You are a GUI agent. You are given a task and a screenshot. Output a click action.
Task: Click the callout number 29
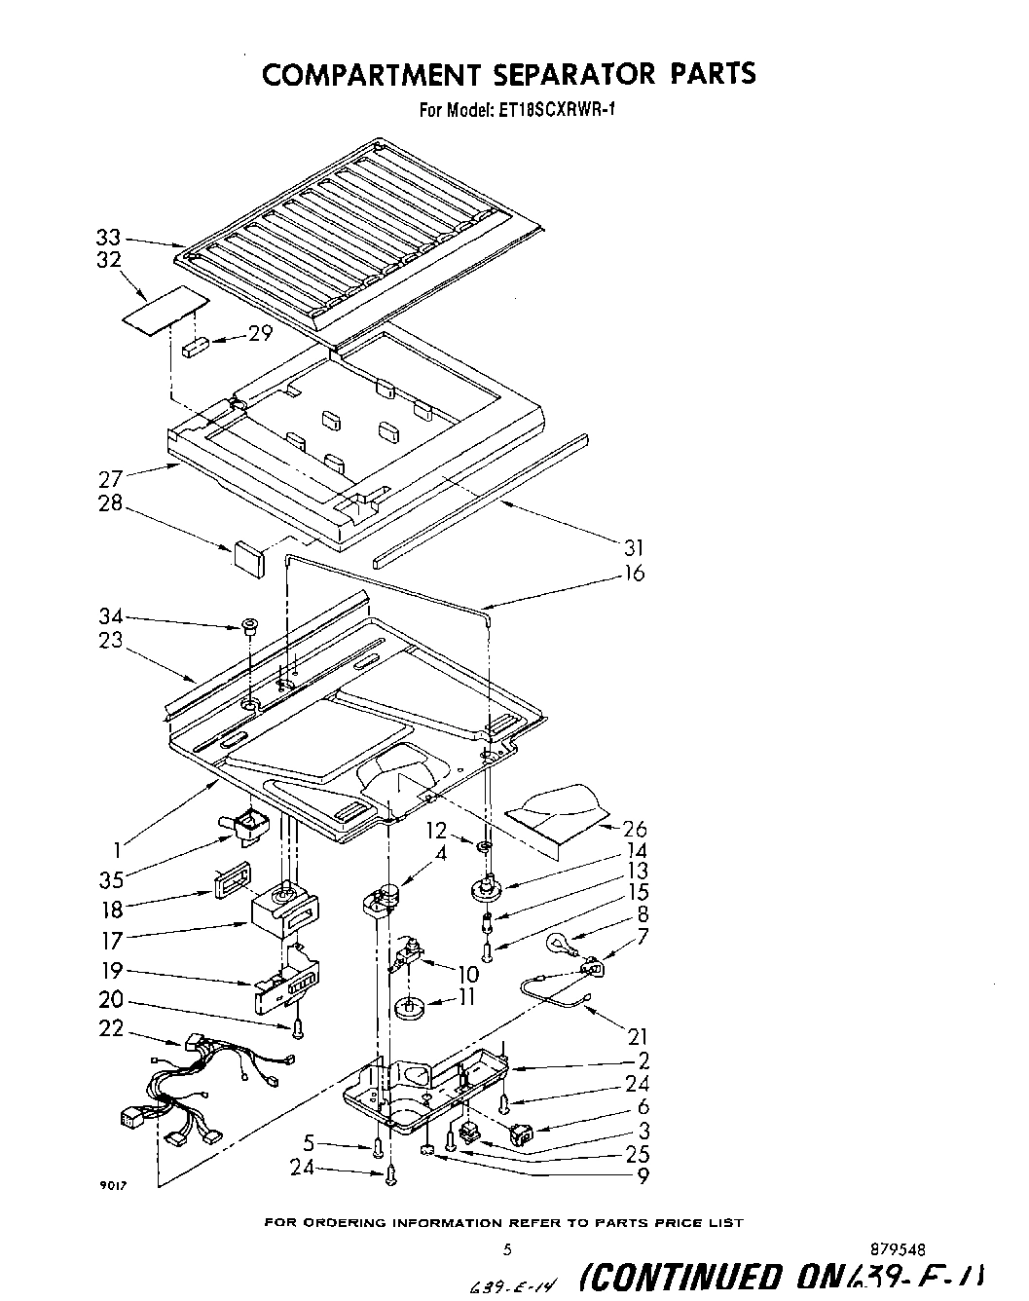(259, 333)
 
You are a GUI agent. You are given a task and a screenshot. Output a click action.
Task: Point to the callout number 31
(633, 548)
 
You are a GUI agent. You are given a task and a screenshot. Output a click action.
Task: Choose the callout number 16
(633, 574)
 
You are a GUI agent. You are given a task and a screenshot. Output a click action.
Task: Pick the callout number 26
(635, 829)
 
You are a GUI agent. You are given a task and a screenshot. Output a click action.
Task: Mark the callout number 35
(112, 879)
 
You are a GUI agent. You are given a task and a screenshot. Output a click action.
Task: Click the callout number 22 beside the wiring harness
(110, 1028)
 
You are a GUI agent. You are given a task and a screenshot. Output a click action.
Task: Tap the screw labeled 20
(298, 1024)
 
